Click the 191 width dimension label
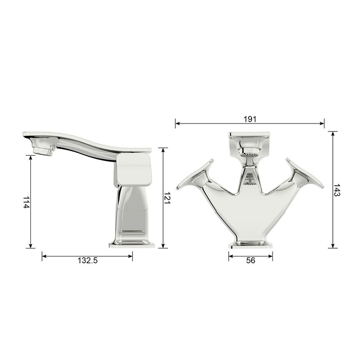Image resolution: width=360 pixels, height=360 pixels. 250,119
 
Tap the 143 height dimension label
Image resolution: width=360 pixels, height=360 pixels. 337,190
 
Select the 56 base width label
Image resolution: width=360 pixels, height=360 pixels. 251,260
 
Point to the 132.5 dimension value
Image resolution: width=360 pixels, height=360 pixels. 88,260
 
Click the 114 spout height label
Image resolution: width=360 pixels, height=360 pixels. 26,202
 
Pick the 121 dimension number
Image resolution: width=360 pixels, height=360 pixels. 167,198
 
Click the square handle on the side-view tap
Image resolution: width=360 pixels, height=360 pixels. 133,170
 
